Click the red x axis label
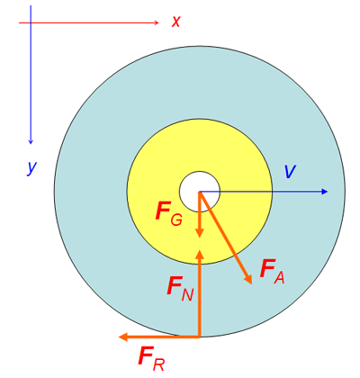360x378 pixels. (x=175, y=22)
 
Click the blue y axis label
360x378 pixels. (x=31, y=167)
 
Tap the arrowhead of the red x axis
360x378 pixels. (x=157, y=22)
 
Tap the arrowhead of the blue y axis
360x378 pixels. (x=31, y=141)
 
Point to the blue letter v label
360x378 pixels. (x=290, y=172)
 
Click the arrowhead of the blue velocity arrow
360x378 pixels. (x=324, y=192)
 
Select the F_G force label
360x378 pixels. (x=169, y=213)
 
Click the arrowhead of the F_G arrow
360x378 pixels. (x=200, y=233)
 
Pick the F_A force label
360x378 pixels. (x=272, y=272)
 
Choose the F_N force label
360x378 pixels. (x=180, y=289)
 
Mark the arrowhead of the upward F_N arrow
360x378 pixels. (x=200, y=254)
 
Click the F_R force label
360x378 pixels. (x=151, y=358)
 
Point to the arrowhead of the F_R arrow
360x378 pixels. (x=123, y=337)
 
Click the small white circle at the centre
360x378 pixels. (x=200, y=192)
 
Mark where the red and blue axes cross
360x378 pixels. (x=31, y=22)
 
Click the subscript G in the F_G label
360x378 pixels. (x=176, y=220)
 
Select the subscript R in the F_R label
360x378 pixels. (x=158, y=364)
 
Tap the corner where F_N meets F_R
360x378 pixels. (x=199, y=337)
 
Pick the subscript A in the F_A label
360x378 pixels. (x=279, y=278)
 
